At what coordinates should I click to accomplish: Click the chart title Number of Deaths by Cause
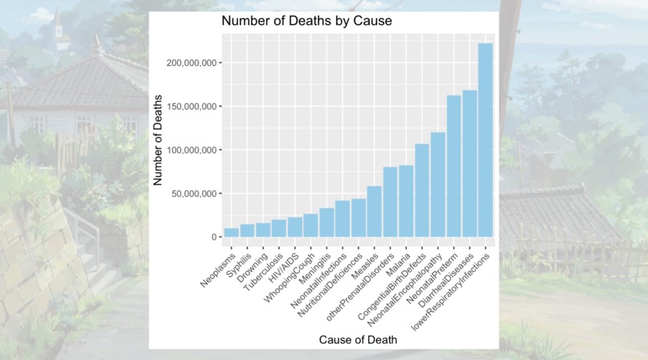(x=306, y=21)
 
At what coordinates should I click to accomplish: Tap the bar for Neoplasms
(x=232, y=233)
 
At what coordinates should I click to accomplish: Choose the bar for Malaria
(x=406, y=202)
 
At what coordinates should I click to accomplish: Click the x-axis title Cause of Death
(x=358, y=340)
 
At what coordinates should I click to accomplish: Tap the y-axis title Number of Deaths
(x=158, y=141)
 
